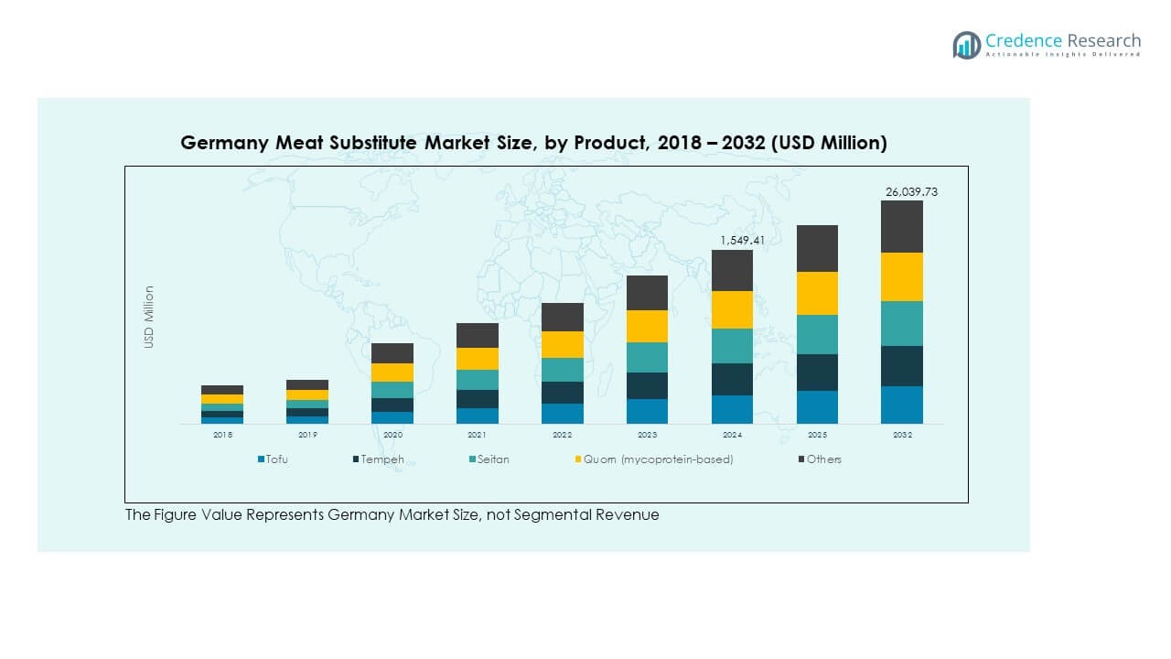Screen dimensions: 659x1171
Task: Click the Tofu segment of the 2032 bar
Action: pyautogui.click(x=902, y=405)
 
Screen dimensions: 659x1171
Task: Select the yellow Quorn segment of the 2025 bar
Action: pyautogui.click(x=817, y=293)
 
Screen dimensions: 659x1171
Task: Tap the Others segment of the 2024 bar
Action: pyautogui.click(x=732, y=270)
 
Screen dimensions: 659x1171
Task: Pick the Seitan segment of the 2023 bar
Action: pyautogui.click(x=647, y=357)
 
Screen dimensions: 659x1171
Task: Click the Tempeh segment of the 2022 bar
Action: pyautogui.click(x=563, y=393)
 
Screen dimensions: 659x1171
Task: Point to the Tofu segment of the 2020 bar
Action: pyautogui.click(x=392, y=417)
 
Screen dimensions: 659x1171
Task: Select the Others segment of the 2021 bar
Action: pyautogui.click(x=478, y=335)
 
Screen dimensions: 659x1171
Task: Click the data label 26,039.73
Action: pyautogui.click(x=911, y=192)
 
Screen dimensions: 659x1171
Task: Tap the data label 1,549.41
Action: pyautogui.click(x=741, y=241)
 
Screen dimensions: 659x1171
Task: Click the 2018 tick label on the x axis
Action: pyautogui.click(x=222, y=436)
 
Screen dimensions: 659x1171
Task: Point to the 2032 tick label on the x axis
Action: pyautogui.click(x=902, y=436)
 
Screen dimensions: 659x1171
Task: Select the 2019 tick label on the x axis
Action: pyautogui.click(x=307, y=436)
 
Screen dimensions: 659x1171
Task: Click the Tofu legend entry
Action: pyautogui.click(x=274, y=459)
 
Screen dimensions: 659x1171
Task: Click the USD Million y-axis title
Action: pyautogui.click(x=149, y=317)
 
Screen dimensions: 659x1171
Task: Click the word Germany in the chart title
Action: pyautogui.click(x=220, y=143)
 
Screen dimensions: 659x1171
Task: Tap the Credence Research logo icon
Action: pyautogui.click(x=966, y=45)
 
